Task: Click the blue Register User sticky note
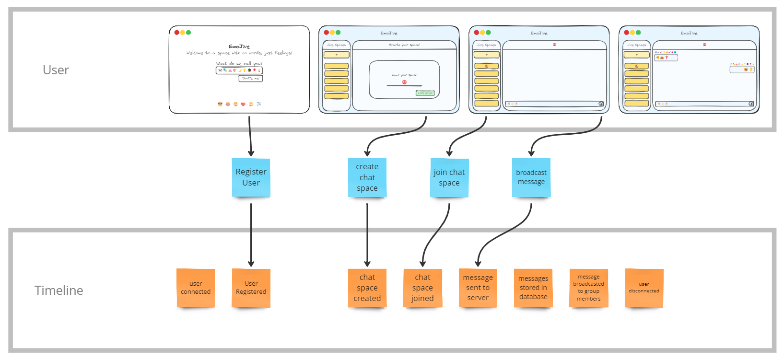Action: point(251,177)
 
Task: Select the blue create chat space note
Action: point(367,177)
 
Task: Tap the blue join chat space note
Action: point(449,177)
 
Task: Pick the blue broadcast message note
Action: point(531,177)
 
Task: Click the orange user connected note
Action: point(196,288)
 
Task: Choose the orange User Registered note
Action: point(251,288)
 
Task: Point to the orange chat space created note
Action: point(367,288)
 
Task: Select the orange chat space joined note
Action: point(422,288)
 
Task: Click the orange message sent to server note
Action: point(478,288)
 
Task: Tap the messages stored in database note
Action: point(533,288)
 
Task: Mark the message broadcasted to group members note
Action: point(589,288)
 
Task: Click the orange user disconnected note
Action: point(644,288)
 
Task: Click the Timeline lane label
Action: point(59,290)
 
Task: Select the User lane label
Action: point(56,70)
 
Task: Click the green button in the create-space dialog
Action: point(425,93)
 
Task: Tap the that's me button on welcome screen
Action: point(251,78)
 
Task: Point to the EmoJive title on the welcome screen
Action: point(239,46)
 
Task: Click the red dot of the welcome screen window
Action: point(177,33)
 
